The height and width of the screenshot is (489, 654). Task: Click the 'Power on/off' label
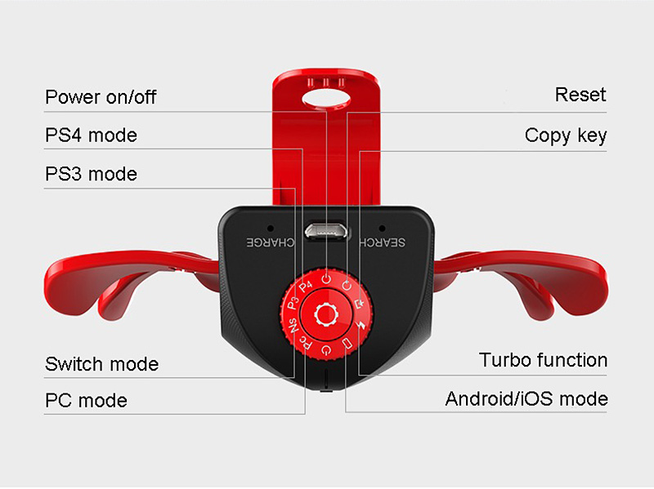(100, 97)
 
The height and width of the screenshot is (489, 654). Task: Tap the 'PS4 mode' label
(91, 135)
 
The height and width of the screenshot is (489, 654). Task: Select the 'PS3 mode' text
(91, 174)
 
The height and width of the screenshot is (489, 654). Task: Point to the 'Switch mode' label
(101, 363)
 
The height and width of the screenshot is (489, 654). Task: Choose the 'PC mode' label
(86, 401)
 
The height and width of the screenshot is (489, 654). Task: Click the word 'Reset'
(580, 95)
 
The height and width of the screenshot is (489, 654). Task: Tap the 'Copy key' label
(566, 135)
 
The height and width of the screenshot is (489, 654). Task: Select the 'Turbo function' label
(543, 360)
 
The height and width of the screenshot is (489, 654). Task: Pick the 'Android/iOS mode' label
(526, 399)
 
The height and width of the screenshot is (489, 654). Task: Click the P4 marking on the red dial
(306, 287)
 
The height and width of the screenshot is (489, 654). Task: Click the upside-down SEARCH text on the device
(383, 242)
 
